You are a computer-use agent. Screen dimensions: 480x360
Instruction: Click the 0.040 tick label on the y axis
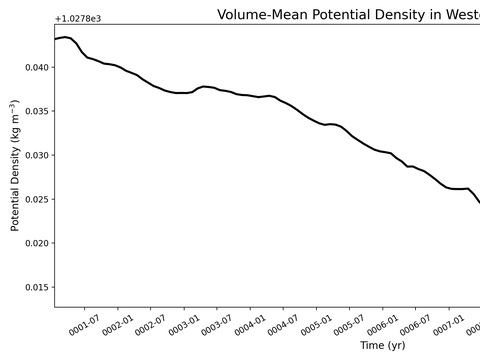click(x=37, y=67)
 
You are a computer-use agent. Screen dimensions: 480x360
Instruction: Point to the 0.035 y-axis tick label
click(x=37, y=111)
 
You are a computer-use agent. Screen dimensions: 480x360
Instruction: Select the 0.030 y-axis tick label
click(x=37, y=155)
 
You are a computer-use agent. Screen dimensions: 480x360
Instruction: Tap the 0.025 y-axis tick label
click(x=37, y=199)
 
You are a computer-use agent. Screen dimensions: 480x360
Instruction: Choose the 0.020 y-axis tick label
click(x=37, y=243)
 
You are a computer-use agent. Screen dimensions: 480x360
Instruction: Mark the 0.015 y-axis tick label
click(x=37, y=287)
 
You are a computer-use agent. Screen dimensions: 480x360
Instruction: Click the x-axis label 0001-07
click(x=84, y=325)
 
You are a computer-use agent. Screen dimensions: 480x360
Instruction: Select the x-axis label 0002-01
click(x=118, y=325)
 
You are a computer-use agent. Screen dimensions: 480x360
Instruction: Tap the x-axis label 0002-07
click(x=151, y=325)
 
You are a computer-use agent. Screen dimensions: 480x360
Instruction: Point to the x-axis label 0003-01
click(x=184, y=325)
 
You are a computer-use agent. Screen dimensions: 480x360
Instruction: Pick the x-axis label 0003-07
click(x=217, y=325)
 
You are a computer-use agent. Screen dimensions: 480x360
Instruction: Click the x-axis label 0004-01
click(x=250, y=325)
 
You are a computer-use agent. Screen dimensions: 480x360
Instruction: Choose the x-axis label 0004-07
click(x=283, y=325)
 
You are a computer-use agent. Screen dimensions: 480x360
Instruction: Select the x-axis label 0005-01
click(x=316, y=325)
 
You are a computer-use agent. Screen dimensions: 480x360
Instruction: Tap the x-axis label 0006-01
click(x=383, y=325)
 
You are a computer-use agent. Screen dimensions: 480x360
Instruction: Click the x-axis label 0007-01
click(x=449, y=325)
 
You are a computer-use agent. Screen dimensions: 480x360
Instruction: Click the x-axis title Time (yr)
click(x=383, y=345)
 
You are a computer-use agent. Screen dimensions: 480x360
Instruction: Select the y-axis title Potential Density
click(x=15, y=188)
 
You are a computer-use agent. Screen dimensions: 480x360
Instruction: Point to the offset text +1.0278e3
click(x=78, y=19)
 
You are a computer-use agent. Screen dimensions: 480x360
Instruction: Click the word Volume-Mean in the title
click(x=262, y=15)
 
